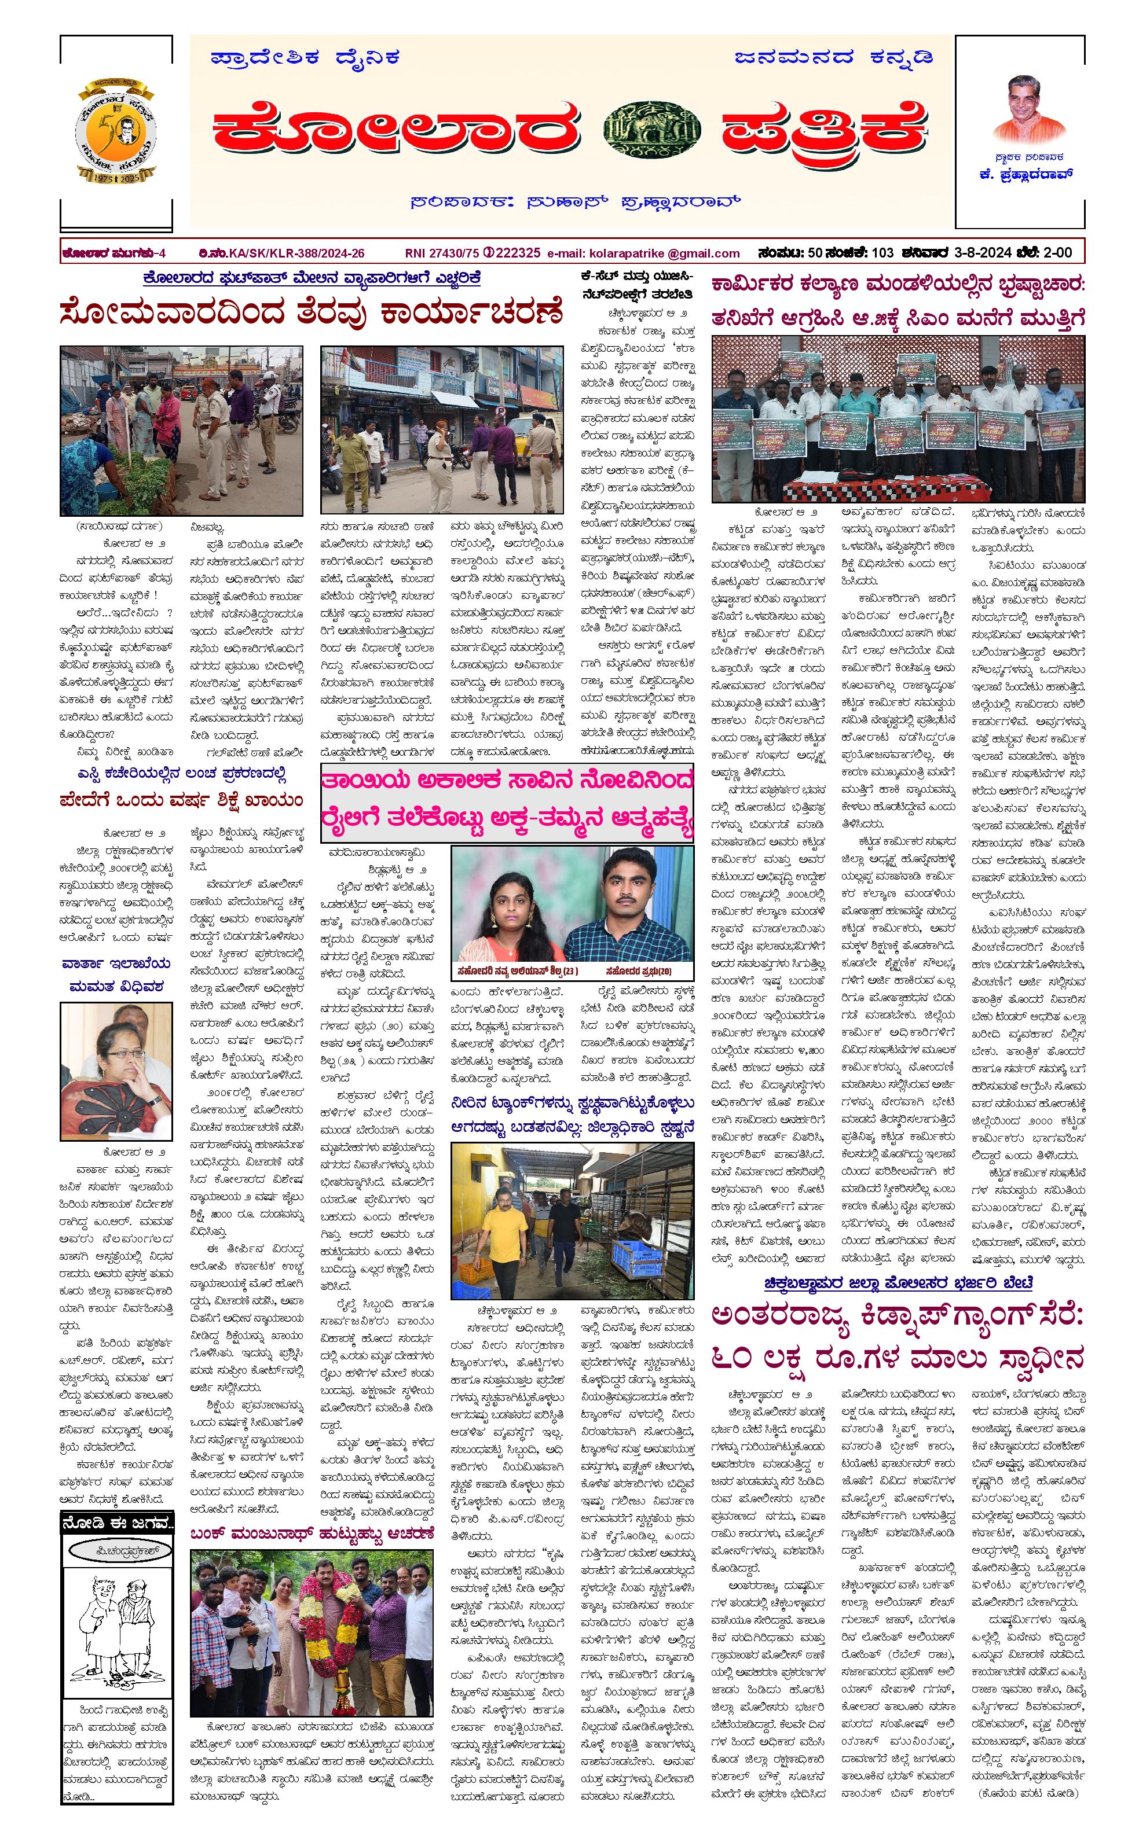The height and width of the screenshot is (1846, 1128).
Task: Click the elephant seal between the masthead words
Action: (651, 130)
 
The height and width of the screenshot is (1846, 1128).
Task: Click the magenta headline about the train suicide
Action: (507, 803)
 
